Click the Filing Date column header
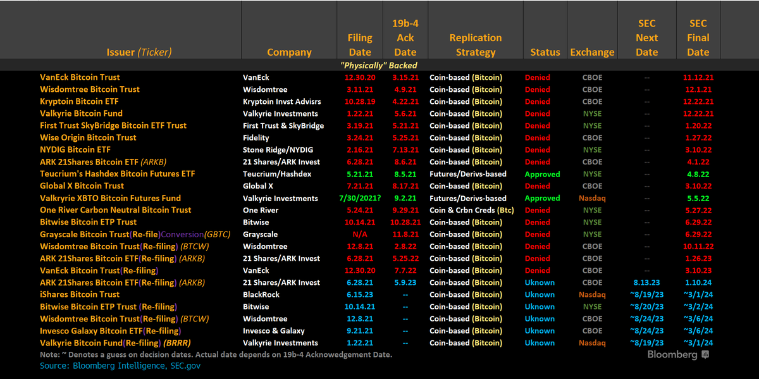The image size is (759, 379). [x=360, y=45]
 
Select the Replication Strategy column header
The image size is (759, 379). [x=475, y=45]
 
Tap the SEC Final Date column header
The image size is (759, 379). [x=698, y=38]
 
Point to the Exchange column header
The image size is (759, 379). [x=592, y=53]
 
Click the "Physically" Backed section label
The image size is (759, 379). [x=379, y=65]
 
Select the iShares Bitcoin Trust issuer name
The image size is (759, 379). [x=80, y=294]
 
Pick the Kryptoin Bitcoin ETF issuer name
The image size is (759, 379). [x=79, y=101]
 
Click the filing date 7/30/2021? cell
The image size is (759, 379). [x=360, y=198]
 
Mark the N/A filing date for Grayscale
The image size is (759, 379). [x=360, y=234]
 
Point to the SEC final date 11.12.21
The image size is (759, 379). [x=698, y=77]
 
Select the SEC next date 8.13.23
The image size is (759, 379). [x=646, y=282]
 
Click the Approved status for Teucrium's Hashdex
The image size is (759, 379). [x=542, y=174]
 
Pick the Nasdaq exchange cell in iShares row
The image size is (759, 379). [x=592, y=294]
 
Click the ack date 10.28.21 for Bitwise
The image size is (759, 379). [x=405, y=222]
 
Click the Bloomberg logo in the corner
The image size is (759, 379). [x=677, y=355]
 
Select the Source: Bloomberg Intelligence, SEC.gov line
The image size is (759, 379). [x=120, y=366]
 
